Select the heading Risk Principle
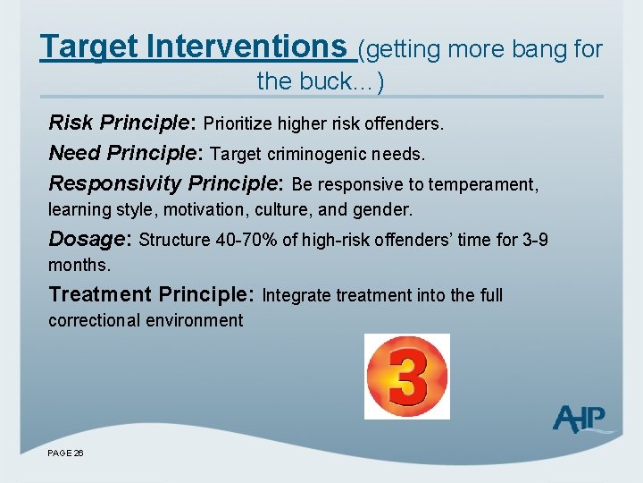(x=122, y=123)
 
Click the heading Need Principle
(x=126, y=154)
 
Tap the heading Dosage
(x=89, y=240)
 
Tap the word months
(x=79, y=266)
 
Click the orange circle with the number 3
(x=407, y=377)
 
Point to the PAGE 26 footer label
(x=66, y=453)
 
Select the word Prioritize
(x=240, y=123)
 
